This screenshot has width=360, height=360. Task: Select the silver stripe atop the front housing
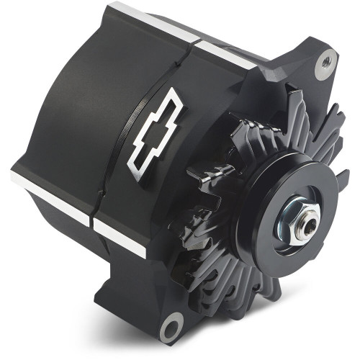[223, 52]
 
